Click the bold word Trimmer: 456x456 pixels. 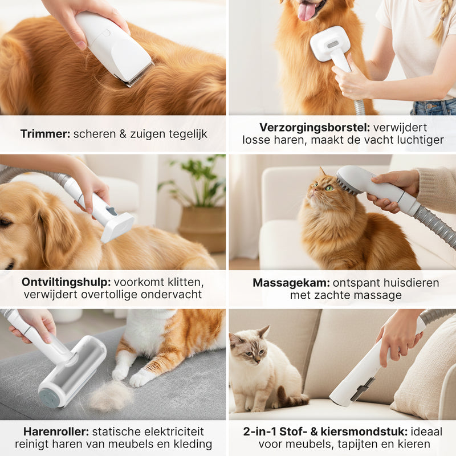tap(44, 135)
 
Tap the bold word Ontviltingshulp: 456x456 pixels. tap(66, 282)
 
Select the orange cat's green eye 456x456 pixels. tap(329, 188)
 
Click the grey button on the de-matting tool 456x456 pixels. tap(111, 211)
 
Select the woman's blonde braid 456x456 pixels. tap(441, 23)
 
